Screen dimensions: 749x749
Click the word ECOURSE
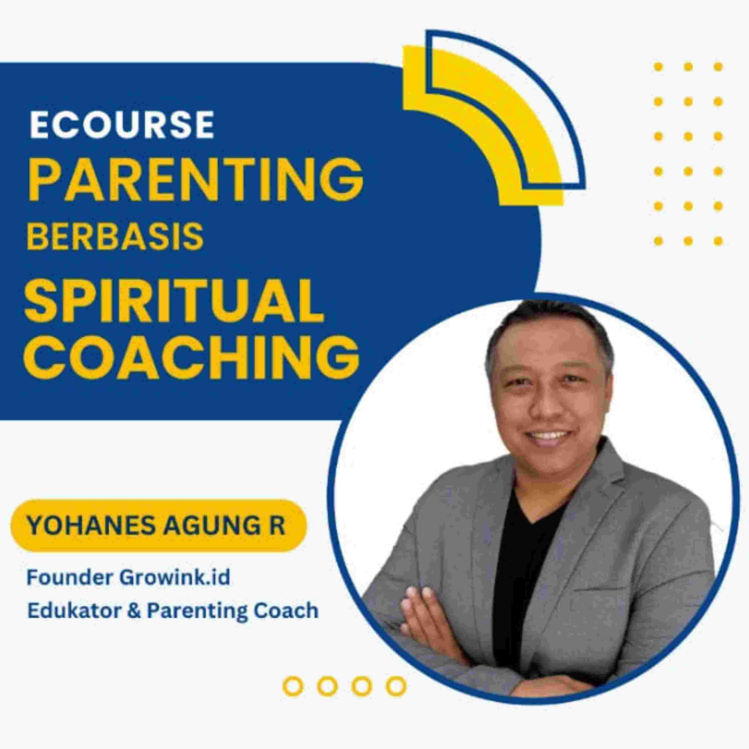[x=122, y=124]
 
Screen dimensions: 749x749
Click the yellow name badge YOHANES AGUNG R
[x=158, y=526]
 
